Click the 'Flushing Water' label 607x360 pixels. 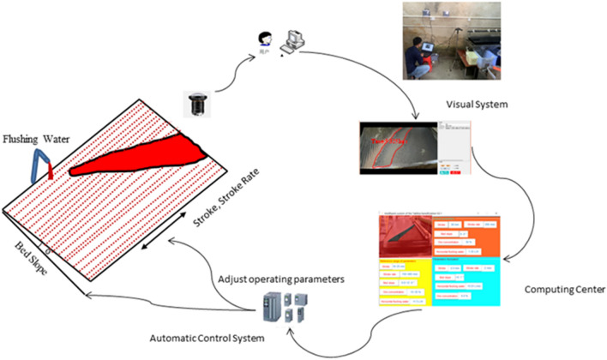click(x=39, y=138)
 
